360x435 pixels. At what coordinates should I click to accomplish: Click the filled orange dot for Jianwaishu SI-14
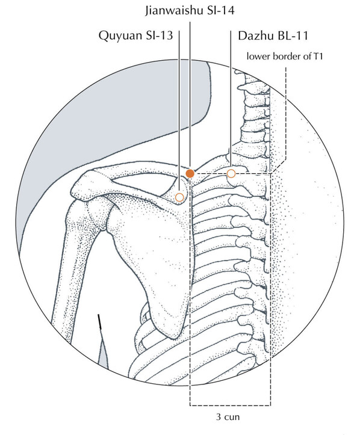(190, 174)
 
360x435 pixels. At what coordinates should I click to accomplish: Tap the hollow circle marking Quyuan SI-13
(180, 197)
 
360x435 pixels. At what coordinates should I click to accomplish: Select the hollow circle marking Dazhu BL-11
(231, 174)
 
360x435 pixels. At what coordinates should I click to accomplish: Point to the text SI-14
(220, 11)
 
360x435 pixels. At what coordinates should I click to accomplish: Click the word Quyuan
(120, 35)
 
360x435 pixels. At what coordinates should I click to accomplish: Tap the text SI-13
(159, 35)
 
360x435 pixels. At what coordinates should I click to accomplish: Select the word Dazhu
(255, 35)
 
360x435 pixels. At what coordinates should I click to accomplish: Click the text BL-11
(291, 35)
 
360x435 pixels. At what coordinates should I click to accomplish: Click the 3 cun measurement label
(228, 417)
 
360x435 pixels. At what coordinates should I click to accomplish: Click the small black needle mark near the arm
(100, 322)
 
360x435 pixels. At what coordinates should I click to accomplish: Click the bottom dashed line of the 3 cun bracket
(230, 406)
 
